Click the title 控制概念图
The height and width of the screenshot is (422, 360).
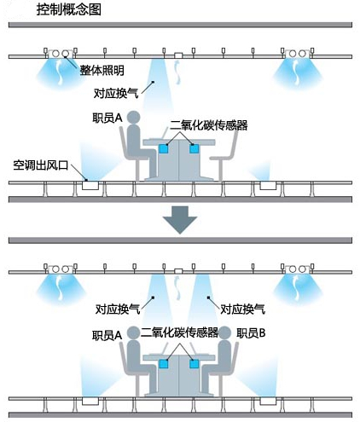(69, 9)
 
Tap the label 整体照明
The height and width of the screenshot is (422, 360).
(102, 70)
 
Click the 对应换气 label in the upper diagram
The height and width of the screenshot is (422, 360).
(116, 93)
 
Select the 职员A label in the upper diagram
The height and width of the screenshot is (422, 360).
(107, 118)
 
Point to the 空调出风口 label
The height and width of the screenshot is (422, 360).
(41, 165)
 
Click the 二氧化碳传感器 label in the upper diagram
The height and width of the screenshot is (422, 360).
(209, 125)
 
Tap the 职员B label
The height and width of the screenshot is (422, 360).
(251, 333)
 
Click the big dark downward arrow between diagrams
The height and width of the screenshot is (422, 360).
(180, 220)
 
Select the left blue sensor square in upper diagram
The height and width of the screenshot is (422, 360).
(163, 148)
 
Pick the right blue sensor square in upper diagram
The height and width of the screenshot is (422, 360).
(195, 148)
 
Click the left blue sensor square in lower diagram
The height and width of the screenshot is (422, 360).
(163, 364)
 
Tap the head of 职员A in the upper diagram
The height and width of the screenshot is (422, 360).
(133, 118)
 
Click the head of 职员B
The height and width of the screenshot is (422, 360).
(224, 332)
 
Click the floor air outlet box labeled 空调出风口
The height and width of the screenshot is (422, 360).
(90, 186)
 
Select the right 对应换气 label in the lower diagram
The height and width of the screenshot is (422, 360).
(243, 309)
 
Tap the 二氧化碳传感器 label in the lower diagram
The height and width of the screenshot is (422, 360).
(180, 332)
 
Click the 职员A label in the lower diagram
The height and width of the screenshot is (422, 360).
(107, 335)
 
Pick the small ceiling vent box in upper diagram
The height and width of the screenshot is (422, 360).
(178, 55)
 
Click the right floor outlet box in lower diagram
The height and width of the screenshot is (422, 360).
(268, 401)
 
